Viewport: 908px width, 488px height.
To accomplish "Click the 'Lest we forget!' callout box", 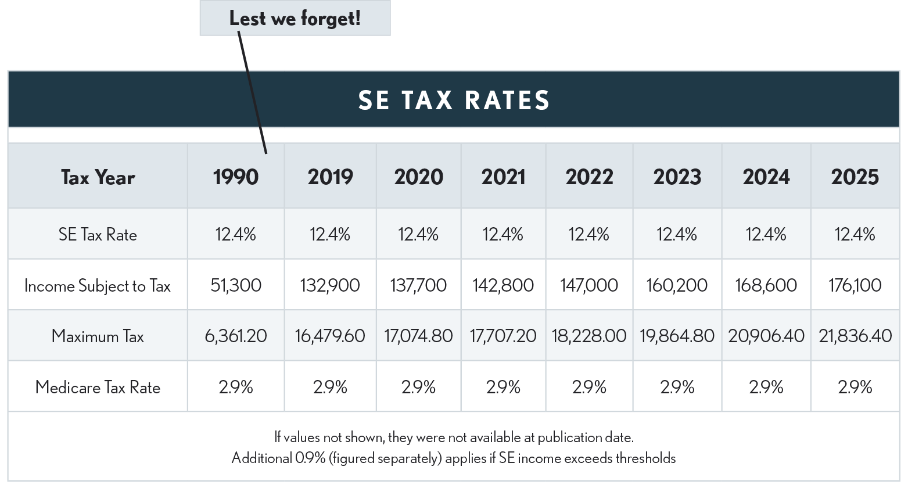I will (295, 18).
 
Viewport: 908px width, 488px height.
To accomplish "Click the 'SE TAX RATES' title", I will (454, 100).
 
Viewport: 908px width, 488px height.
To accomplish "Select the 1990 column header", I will (235, 177).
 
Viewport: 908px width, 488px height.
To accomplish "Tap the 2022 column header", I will (589, 177).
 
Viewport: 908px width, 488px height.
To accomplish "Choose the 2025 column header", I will (855, 177).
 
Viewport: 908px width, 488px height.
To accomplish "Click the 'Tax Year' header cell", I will (98, 177).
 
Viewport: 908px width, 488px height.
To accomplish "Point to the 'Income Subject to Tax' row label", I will (98, 285).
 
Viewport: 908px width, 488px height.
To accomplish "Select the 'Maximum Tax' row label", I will (98, 336).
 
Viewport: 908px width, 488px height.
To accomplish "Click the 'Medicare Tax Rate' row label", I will (98, 387).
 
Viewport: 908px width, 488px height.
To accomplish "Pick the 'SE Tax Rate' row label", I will (98, 234).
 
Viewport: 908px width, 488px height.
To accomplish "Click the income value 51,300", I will (235, 285).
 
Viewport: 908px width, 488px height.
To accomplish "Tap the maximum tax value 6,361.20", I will (235, 336).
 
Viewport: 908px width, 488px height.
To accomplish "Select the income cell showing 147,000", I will (589, 285).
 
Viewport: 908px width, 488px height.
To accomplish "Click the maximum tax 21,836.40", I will (855, 336).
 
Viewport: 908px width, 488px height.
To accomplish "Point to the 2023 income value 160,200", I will (677, 285).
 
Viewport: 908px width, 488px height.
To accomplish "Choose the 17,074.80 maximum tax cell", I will (418, 336).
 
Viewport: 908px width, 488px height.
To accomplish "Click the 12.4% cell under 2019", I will (330, 234).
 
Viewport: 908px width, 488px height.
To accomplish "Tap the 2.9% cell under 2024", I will (766, 387).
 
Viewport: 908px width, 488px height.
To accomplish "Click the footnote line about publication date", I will (454, 437).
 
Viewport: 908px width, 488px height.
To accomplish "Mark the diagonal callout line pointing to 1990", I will (252, 93).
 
